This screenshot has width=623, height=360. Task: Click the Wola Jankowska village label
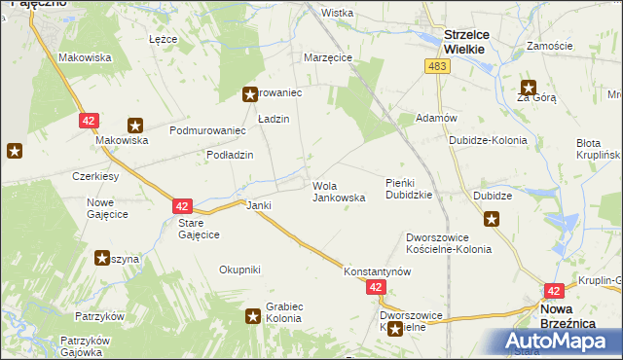click(338, 191)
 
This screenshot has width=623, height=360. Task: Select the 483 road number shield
click(436, 64)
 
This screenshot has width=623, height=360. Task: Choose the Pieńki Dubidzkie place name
click(415, 189)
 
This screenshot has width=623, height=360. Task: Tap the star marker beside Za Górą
click(529, 86)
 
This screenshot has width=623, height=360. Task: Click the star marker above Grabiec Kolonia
click(252, 314)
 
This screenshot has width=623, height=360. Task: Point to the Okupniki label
click(239, 270)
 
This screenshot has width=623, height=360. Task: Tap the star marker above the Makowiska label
click(134, 125)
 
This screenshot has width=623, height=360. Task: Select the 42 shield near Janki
click(182, 206)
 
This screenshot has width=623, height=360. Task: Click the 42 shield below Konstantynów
click(377, 288)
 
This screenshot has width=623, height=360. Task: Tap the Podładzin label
click(230, 155)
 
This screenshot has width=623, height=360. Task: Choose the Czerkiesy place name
click(95, 176)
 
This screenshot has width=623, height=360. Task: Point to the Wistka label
click(337, 13)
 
